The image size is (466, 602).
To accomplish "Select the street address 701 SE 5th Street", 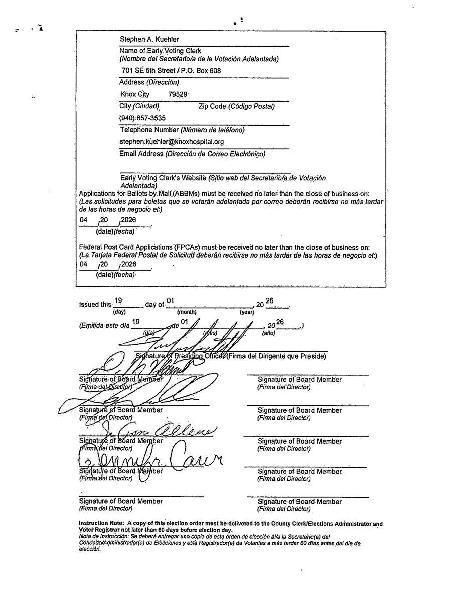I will click(149, 71).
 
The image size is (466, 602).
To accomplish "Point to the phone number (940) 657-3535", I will click(142, 118).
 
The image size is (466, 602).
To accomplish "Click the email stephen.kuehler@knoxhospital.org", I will click(172, 142).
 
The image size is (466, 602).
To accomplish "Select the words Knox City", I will click(134, 94).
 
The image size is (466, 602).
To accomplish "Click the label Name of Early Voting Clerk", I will click(161, 51).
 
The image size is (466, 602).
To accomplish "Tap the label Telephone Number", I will click(149, 130).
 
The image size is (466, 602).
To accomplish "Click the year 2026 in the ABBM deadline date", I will click(128, 220).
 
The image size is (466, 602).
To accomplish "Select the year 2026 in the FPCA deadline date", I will click(129, 264).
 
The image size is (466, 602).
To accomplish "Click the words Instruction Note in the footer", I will click(98, 524).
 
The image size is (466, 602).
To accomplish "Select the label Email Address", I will click(141, 154).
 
